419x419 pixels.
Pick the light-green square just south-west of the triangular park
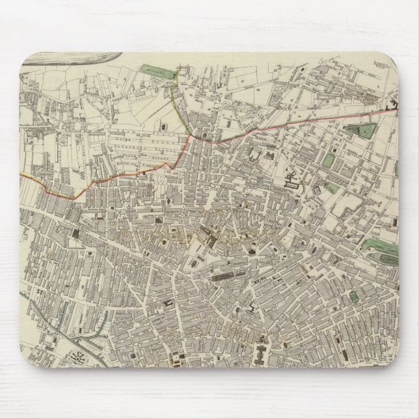point(330,159)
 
